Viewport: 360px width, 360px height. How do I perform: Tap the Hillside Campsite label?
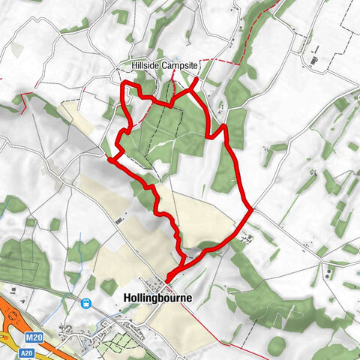[x=164, y=66]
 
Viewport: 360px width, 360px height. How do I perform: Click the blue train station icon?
[x=86, y=304]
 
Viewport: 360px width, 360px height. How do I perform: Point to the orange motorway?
[x=9, y=315]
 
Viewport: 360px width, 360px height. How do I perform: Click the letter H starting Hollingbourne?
[x=123, y=298]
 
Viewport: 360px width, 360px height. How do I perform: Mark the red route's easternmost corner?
[x=250, y=211]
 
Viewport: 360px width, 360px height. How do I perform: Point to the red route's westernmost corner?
[x=110, y=158]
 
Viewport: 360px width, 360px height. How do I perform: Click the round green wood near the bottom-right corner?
[x=277, y=345]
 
